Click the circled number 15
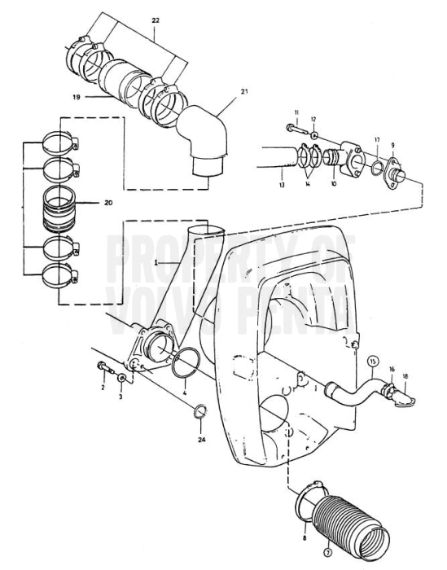click(374, 360)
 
